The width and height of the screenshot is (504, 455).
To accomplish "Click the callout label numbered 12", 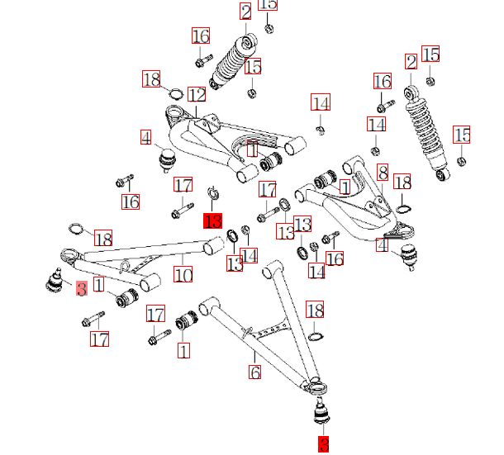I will click(196, 95).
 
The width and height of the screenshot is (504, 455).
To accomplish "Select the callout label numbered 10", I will click(183, 273).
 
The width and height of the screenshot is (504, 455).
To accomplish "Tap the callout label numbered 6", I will click(255, 372).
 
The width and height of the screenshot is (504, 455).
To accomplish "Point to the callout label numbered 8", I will click(383, 173).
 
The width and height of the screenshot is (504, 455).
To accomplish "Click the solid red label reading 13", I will click(213, 220).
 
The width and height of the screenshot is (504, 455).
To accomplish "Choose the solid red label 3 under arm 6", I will click(323, 444).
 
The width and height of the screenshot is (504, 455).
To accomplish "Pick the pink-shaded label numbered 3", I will click(81, 289).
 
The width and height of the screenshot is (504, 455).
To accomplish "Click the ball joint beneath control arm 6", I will click(321, 410).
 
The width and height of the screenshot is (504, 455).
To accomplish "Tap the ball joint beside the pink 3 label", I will click(54, 281).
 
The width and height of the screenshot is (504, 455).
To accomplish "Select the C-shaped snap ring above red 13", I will click(212, 195).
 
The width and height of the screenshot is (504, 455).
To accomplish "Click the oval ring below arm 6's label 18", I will click(315, 336).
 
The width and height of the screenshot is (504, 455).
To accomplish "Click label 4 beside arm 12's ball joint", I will click(145, 137).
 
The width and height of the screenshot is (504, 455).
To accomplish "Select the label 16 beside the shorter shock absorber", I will click(201, 36).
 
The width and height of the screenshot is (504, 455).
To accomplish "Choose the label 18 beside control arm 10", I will click(102, 239).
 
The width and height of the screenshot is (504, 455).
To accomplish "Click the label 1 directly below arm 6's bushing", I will click(183, 350).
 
